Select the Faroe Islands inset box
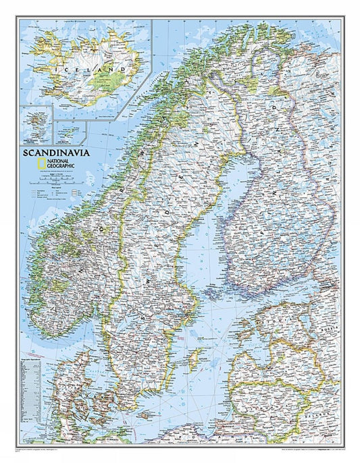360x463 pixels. (x=34, y=124)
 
